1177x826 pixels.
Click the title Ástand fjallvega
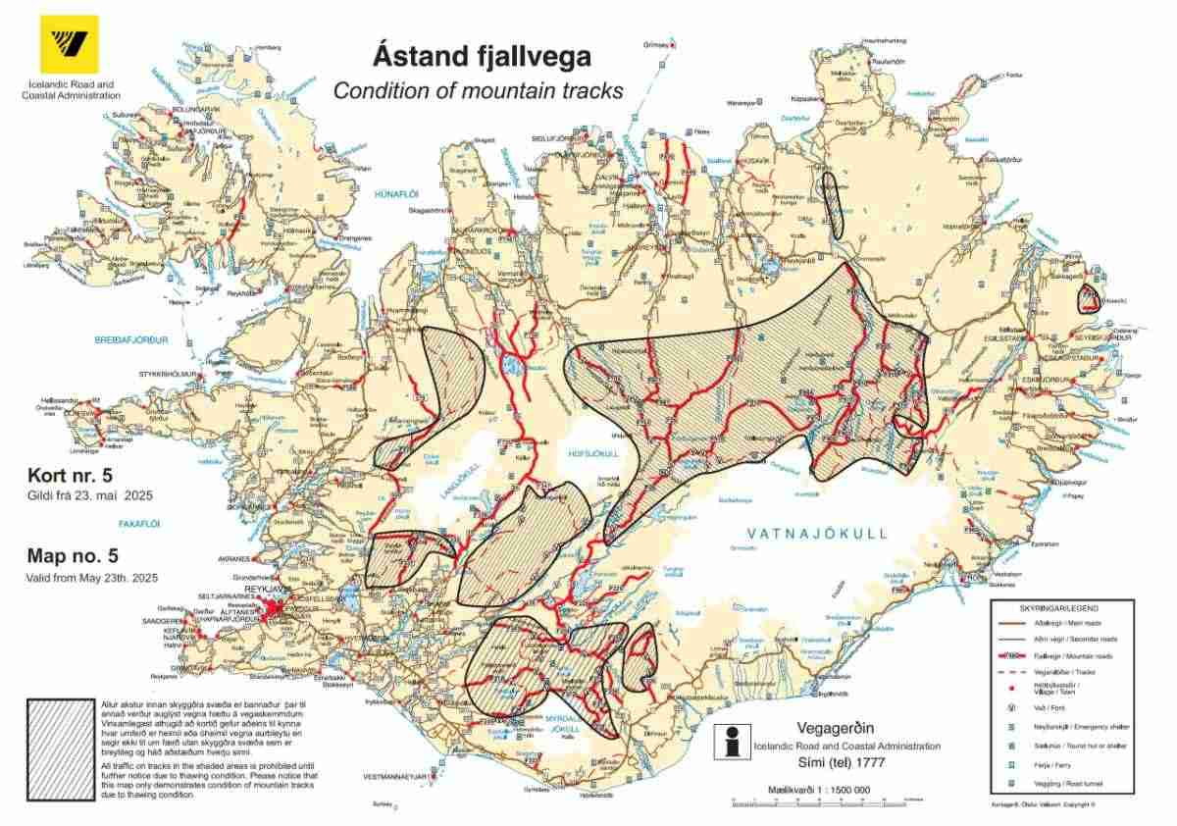pyautogui.click(x=480, y=57)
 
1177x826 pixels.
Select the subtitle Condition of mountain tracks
pyautogui.click(x=478, y=91)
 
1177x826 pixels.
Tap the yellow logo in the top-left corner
pyautogui.click(x=61, y=45)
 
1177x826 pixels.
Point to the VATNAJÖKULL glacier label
pyautogui.click(x=817, y=534)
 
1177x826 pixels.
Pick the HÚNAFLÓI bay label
pyautogui.click(x=396, y=196)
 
